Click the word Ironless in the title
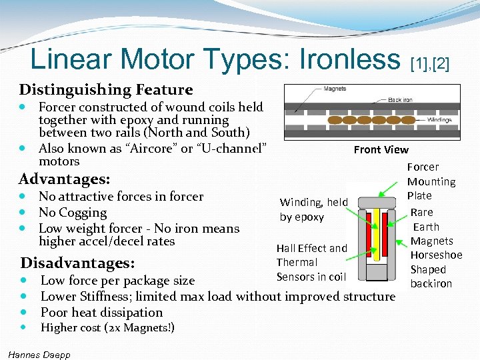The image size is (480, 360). pos(341,60)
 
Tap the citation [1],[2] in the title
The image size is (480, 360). pos(430,63)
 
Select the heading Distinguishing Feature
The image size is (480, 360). pos(106,89)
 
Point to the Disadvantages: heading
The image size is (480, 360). pos(77,263)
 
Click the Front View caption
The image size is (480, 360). pos(381,149)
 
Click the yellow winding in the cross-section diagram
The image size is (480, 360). pos(376,237)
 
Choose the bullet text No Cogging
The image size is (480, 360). pos(73,213)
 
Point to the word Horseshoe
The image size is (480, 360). pos(436,255)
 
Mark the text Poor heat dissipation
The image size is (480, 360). pos(101,312)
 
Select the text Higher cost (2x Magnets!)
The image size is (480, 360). pos(107,327)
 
